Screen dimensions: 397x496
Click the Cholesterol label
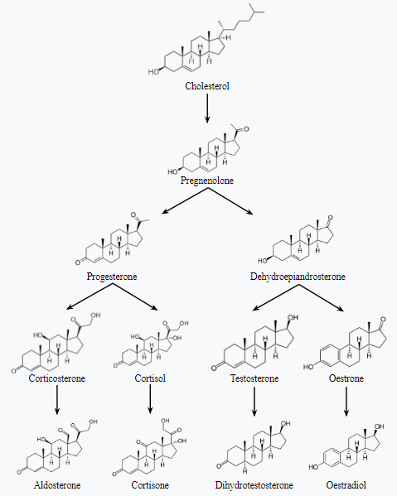[x=207, y=86]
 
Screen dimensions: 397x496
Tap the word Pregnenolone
[x=207, y=181]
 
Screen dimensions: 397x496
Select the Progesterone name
[x=112, y=276]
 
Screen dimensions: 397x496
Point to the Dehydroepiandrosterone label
[x=298, y=276]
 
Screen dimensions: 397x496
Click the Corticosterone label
[x=57, y=378]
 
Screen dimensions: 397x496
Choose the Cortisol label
[x=150, y=378]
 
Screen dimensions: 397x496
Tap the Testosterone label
[x=254, y=378]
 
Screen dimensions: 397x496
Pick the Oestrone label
[x=346, y=378]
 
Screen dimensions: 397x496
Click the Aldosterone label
[x=57, y=485]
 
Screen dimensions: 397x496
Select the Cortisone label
[x=150, y=485]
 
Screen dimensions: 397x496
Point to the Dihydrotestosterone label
[x=254, y=485]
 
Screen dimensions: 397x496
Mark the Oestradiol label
[x=346, y=485]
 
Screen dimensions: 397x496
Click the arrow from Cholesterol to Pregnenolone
[x=207, y=108]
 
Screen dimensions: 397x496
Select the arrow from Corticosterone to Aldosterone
[x=57, y=400]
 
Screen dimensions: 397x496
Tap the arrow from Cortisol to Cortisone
[x=150, y=399]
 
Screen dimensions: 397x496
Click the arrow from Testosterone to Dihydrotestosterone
[x=254, y=401]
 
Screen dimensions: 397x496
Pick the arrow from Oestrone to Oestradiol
[x=346, y=402]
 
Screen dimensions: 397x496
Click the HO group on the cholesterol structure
[x=153, y=72]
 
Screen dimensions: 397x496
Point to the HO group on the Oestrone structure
[x=308, y=367]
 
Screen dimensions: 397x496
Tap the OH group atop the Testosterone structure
[x=293, y=317]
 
